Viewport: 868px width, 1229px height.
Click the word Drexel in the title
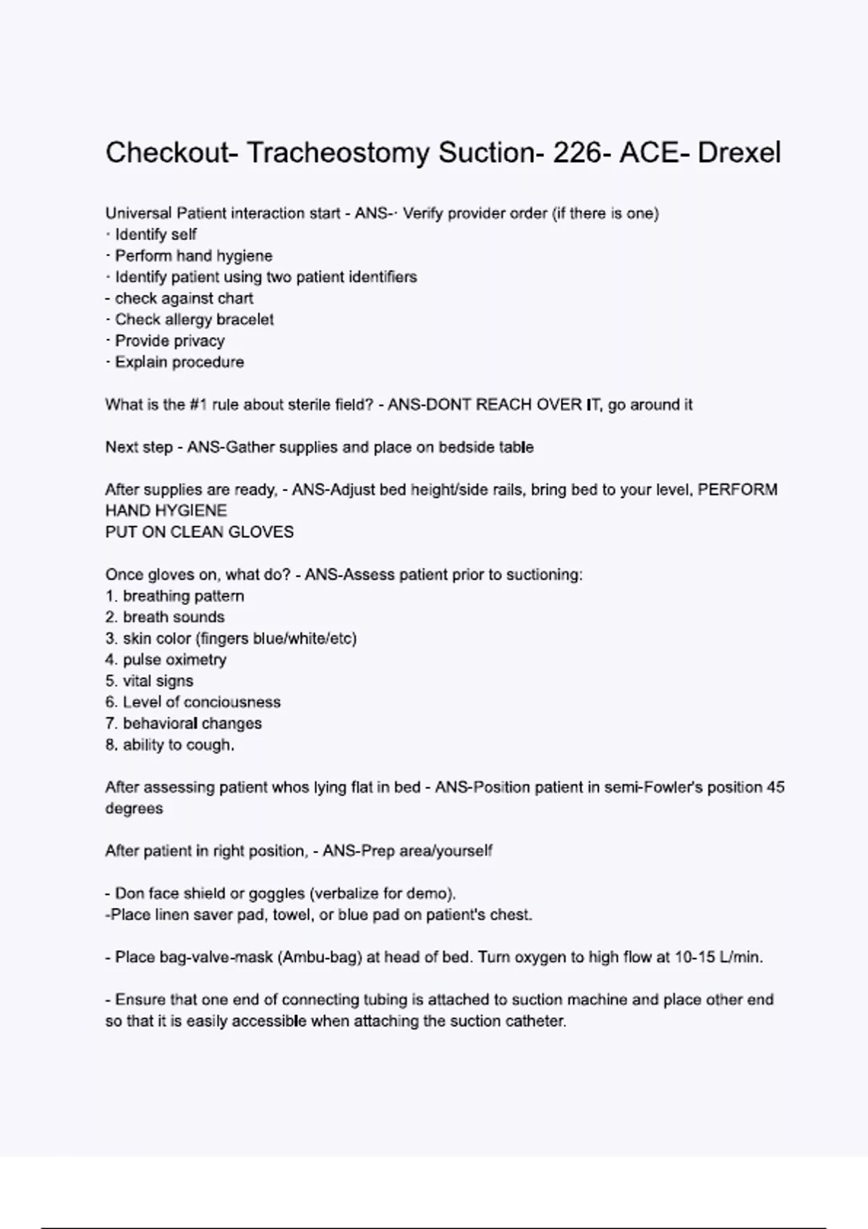click(739, 153)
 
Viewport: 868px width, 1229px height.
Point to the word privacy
click(196, 341)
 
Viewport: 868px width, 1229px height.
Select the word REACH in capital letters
click(503, 405)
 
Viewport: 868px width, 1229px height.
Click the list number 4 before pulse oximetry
click(111, 660)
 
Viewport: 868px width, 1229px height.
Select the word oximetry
click(195, 660)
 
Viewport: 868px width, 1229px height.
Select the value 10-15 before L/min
click(695, 958)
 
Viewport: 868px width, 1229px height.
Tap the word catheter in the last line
click(539, 1022)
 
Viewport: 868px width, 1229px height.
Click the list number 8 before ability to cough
click(111, 745)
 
